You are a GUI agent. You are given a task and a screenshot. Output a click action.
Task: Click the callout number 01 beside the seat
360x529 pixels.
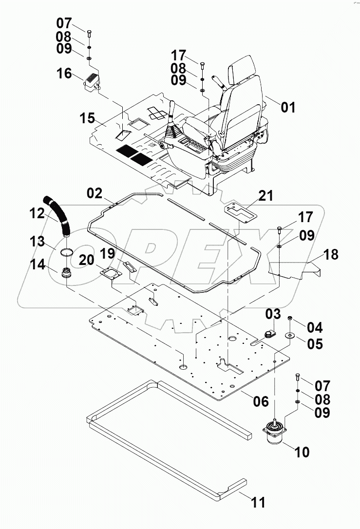point(288,107)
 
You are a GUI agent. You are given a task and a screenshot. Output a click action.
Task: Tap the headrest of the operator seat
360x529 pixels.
point(244,68)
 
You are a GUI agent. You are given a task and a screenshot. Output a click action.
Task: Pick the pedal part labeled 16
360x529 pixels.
point(93,80)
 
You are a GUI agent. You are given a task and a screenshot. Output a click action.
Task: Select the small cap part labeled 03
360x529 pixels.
point(268,334)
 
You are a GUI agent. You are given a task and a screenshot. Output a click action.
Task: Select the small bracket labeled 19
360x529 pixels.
point(130,267)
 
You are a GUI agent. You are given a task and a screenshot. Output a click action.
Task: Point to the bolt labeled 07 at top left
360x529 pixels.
point(90,34)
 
